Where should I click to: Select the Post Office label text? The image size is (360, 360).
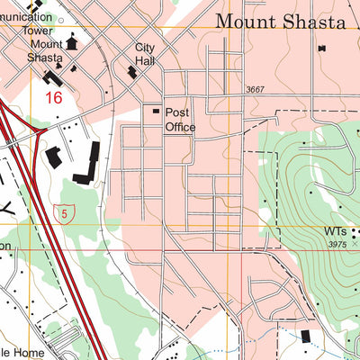click(179, 121)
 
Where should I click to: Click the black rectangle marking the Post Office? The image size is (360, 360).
click(155, 111)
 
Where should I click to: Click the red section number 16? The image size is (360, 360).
click(53, 97)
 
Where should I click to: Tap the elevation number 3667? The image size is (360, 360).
click(257, 89)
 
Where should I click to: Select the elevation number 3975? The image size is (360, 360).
click(338, 245)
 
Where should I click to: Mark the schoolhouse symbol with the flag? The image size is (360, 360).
click(72, 41)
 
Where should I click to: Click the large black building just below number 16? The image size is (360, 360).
click(52, 157)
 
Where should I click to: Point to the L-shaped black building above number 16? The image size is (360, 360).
click(64, 78)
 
